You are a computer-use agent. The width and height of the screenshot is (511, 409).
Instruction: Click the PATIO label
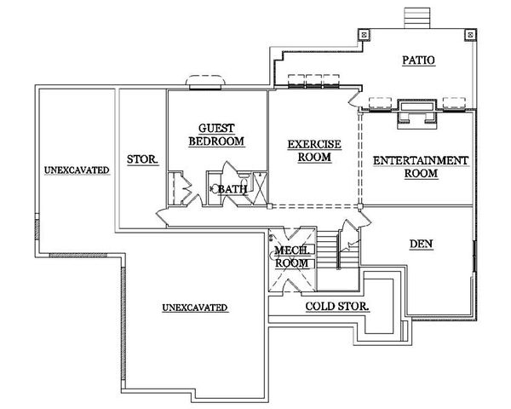[417, 60]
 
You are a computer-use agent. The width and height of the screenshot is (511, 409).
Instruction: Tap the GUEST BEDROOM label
[216, 134]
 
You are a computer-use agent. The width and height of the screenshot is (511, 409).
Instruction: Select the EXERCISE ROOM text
[313, 152]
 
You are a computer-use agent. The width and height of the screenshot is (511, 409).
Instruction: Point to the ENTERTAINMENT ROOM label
[421, 167]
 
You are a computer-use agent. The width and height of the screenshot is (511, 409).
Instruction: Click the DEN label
[421, 244]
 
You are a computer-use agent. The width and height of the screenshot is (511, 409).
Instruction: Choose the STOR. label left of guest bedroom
[142, 159]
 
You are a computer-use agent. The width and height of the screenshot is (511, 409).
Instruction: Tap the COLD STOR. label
[336, 305]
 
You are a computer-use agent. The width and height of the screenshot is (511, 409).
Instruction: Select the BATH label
[232, 188]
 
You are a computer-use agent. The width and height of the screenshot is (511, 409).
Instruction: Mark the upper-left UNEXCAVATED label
[76, 170]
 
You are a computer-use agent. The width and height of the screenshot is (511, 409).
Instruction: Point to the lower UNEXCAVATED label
[196, 307]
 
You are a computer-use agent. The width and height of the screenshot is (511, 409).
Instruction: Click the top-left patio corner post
[364, 35]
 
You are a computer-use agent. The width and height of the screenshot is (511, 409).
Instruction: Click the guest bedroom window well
[205, 82]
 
